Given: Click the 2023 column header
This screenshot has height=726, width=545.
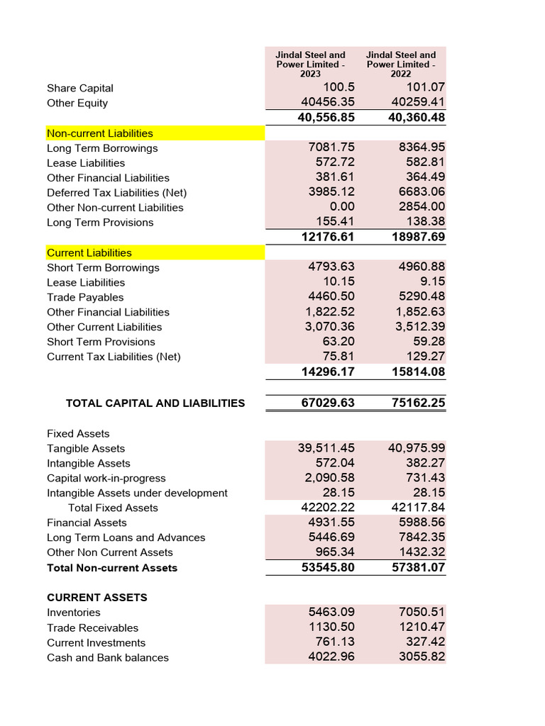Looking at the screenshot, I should [x=310, y=64].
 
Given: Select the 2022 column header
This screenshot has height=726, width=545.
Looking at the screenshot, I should [x=401, y=64].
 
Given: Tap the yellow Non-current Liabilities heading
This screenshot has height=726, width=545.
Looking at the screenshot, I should [x=100, y=133].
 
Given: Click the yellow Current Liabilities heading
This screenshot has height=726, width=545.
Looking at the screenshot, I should [x=89, y=253].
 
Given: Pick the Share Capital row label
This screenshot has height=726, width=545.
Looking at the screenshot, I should [x=80, y=89].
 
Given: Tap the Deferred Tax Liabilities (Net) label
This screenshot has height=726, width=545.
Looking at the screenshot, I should [x=117, y=193].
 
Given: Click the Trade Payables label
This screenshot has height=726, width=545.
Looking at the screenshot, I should [x=85, y=298].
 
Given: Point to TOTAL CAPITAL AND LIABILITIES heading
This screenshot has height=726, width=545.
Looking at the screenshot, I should [x=155, y=403].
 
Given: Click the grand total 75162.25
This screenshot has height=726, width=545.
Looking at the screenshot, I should [x=418, y=403].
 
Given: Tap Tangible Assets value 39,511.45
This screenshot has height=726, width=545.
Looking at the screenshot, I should [x=326, y=448].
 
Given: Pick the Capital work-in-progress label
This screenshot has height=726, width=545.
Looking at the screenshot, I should [x=106, y=479].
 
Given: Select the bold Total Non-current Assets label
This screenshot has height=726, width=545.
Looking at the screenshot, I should [x=112, y=568].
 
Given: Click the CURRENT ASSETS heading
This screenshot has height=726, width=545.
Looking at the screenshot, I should [x=97, y=598].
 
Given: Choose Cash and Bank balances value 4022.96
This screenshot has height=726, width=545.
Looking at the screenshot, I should [x=331, y=657].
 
